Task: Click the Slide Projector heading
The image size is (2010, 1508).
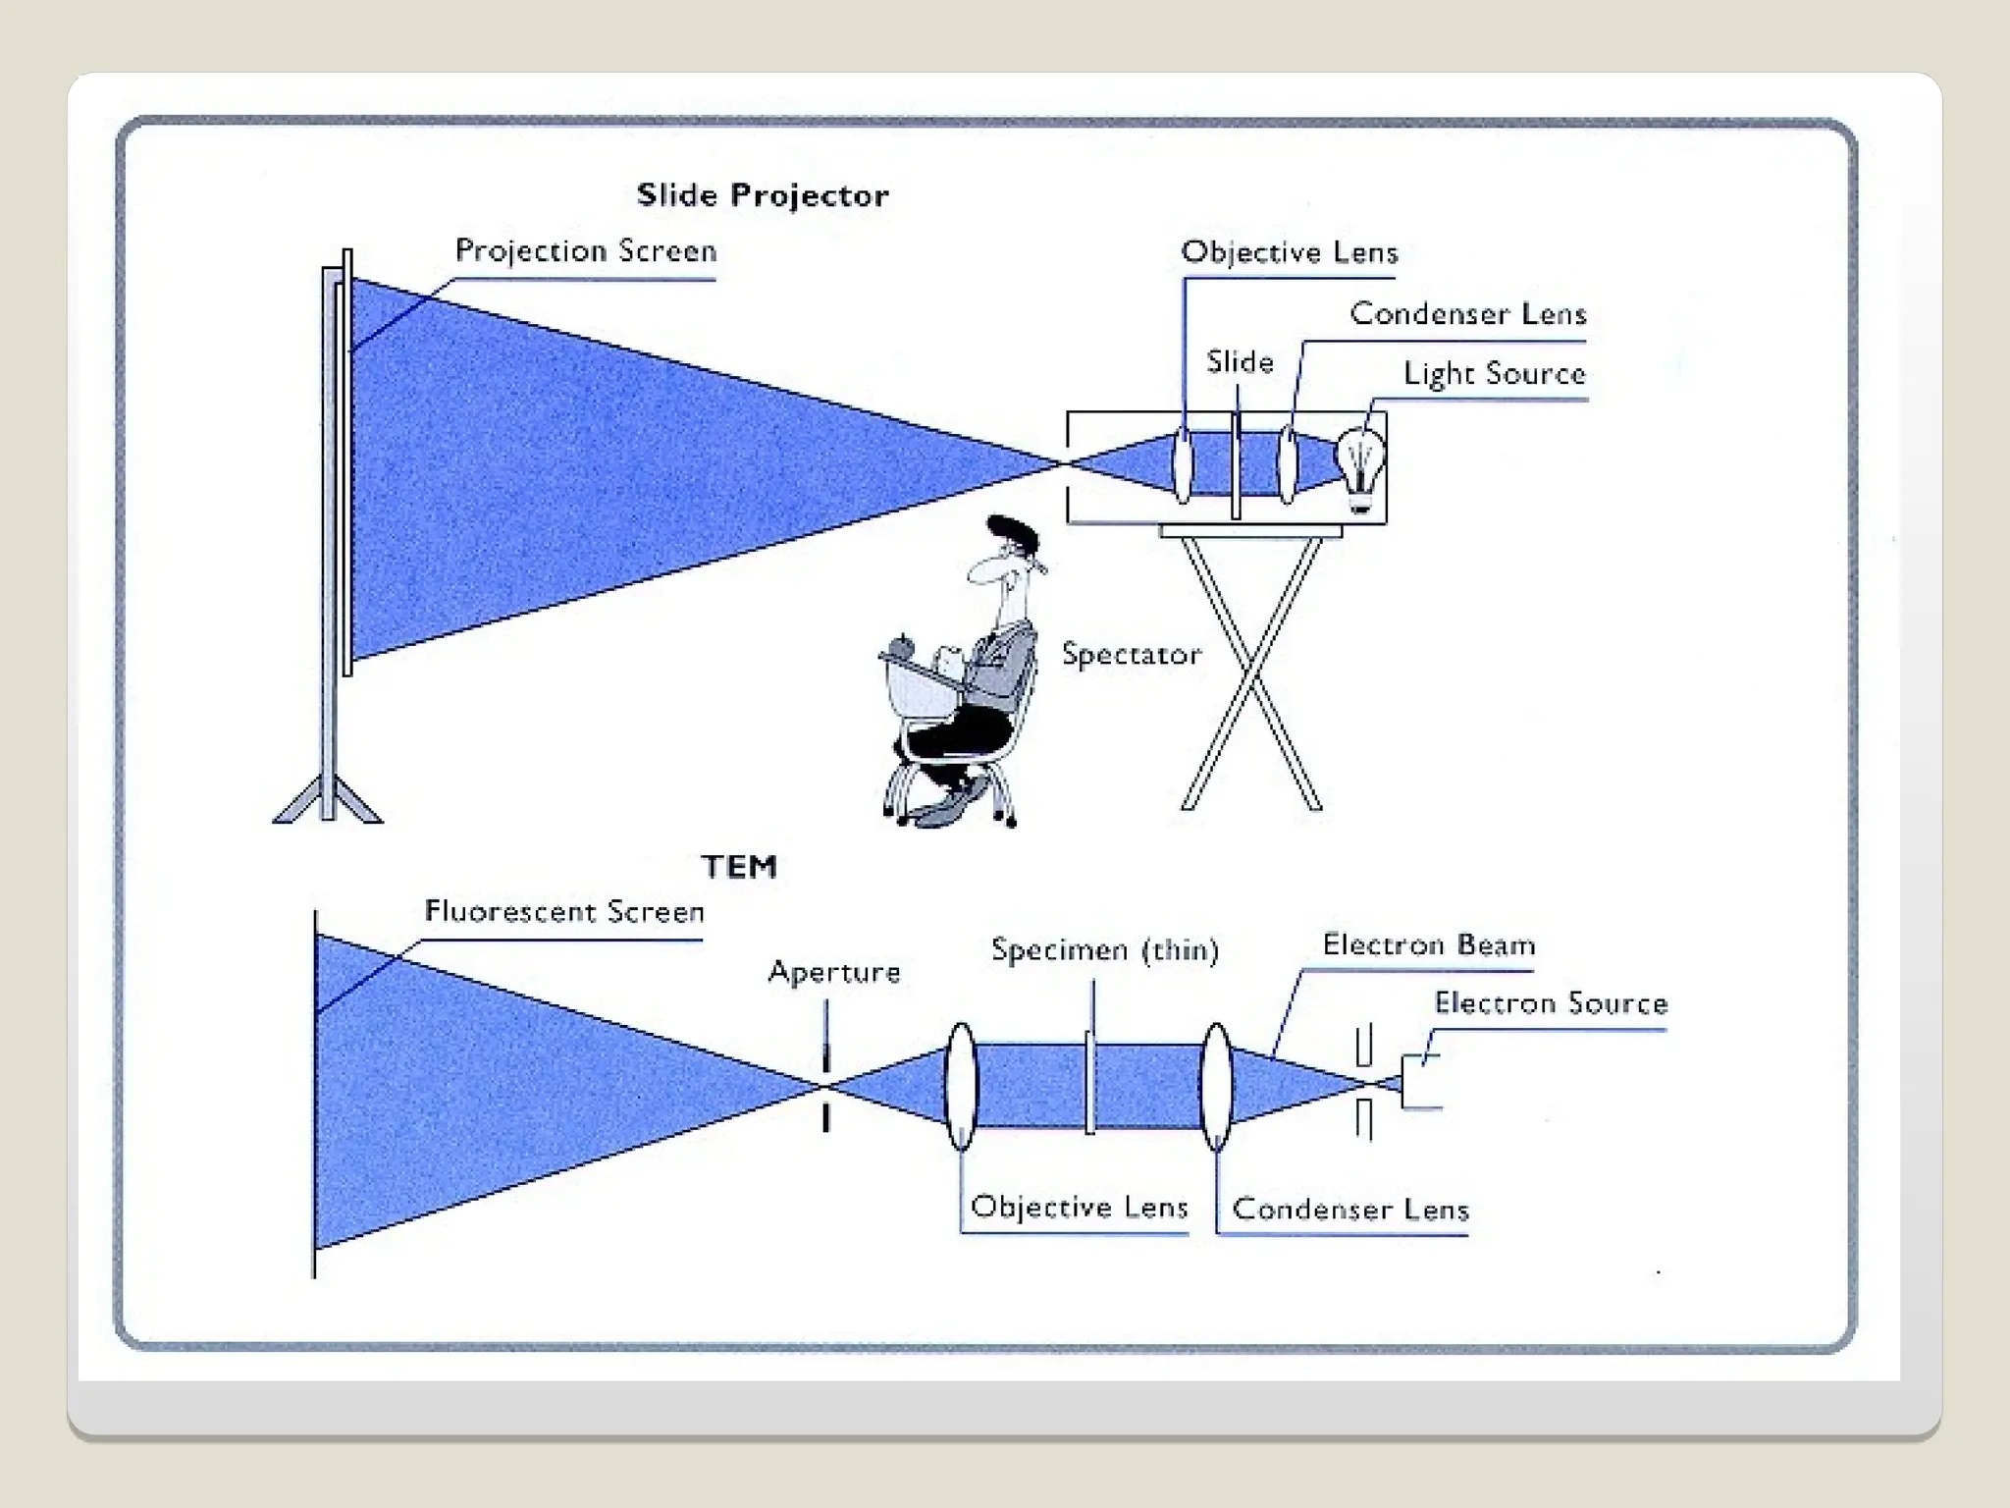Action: [763, 195]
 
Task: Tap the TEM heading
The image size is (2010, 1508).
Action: [739, 867]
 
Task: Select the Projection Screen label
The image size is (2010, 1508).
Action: [586, 251]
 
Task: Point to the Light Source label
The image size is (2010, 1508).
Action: [1494, 374]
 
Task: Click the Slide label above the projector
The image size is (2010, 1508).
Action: [1240, 362]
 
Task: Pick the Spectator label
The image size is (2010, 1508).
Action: [1131, 655]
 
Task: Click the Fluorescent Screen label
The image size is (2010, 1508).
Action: [564, 912]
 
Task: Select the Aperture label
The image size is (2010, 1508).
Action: [834, 972]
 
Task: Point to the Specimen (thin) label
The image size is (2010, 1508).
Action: [1104, 950]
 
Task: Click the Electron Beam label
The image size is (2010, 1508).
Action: [1428, 945]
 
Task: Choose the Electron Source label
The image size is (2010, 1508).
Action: [1551, 1003]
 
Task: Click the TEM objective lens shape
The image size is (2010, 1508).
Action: [961, 1086]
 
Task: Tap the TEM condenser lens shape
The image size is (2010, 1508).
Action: [1216, 1086]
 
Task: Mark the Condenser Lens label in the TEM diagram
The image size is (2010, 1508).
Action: [1350, 1210]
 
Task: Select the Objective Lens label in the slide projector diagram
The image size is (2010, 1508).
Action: [1290, 253]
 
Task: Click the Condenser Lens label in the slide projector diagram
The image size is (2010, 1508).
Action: [1468, 314]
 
